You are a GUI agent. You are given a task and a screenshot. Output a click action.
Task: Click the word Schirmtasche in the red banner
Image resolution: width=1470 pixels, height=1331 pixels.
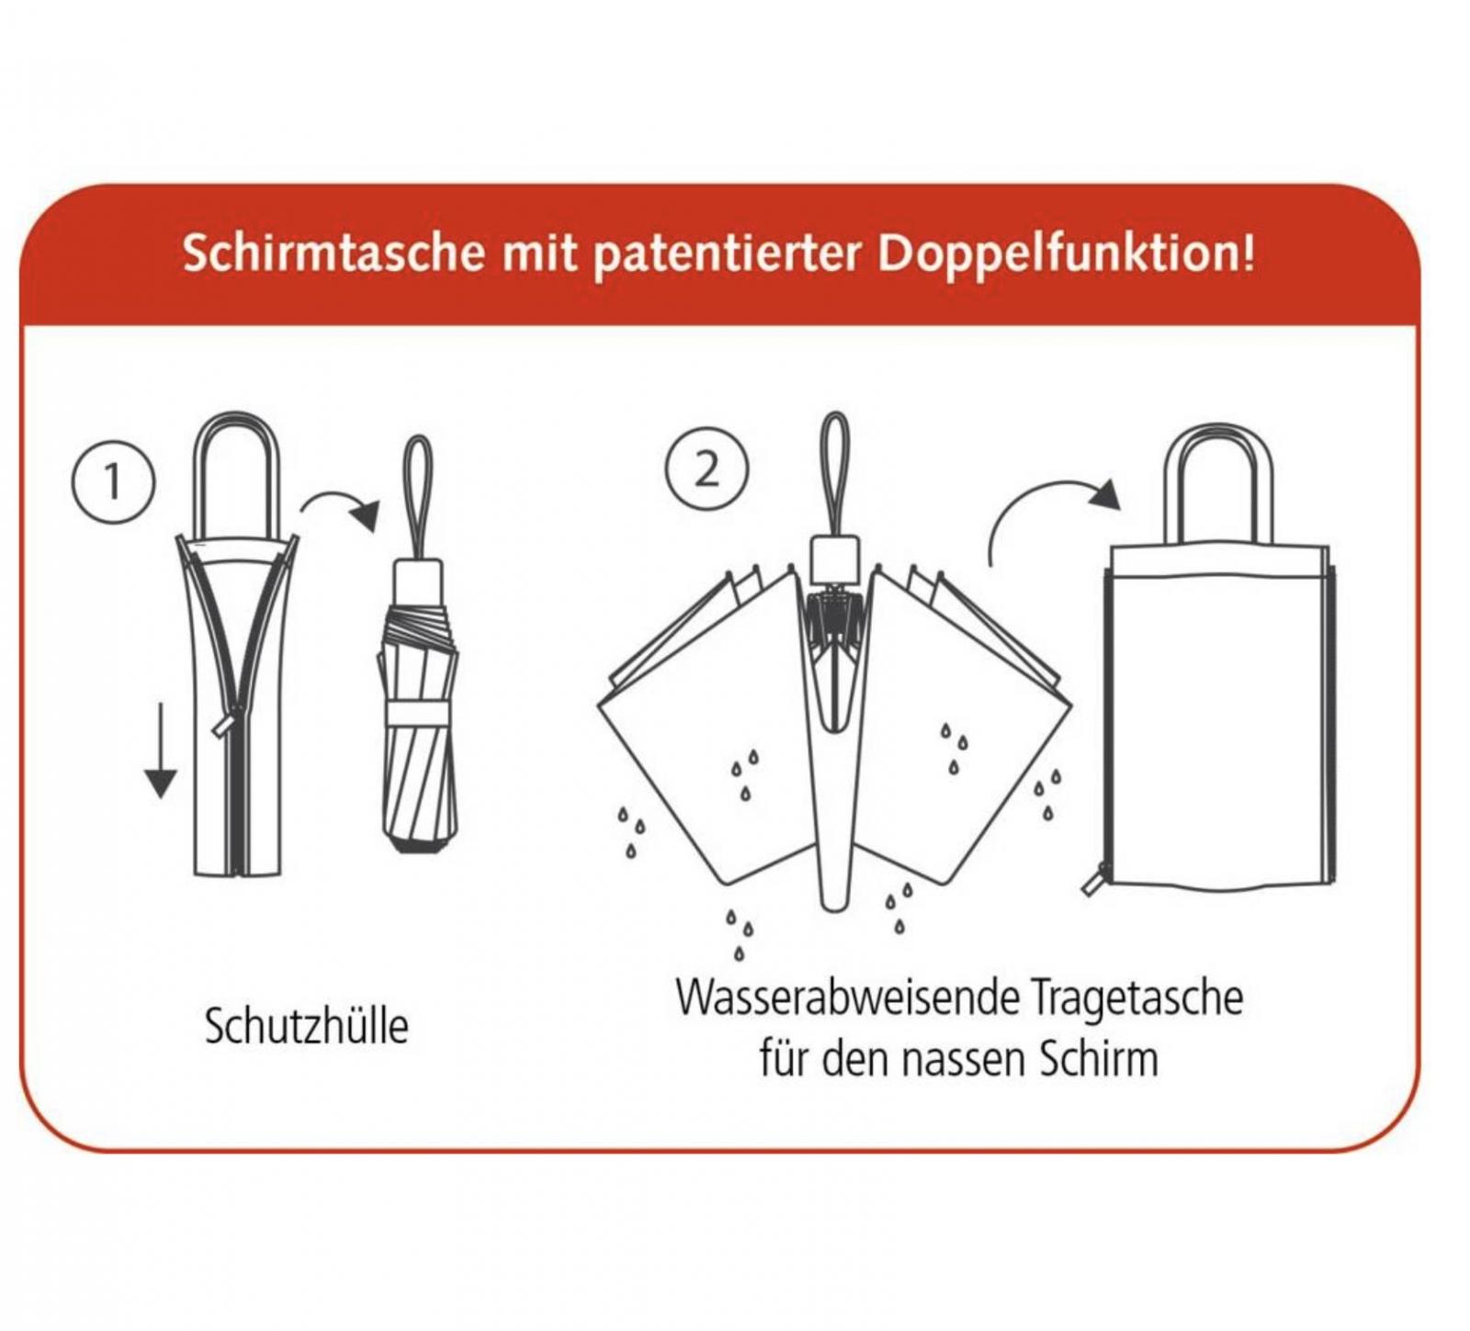pos(333,252)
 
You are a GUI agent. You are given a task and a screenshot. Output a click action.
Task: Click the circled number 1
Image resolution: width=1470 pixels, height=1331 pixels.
pos(113,481)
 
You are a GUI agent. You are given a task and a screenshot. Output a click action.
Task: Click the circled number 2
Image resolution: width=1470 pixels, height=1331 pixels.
pos(706,470)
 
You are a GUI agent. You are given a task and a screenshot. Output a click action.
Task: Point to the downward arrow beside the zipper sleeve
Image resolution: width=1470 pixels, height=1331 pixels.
pos(161,750)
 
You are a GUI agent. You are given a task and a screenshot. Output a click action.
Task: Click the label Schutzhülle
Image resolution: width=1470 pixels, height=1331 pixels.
pos(306,1026)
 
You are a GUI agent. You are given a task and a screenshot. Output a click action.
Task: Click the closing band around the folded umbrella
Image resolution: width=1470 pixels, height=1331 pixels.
pos(417,713)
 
